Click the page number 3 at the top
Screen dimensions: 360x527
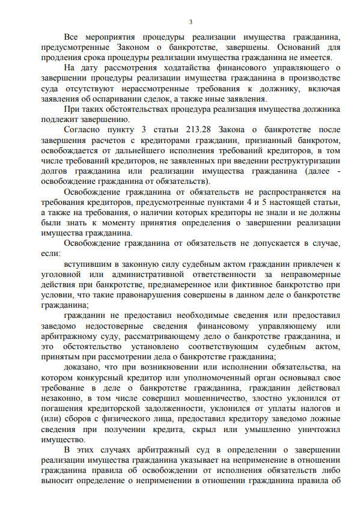191,22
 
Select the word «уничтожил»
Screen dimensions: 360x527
316,429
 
